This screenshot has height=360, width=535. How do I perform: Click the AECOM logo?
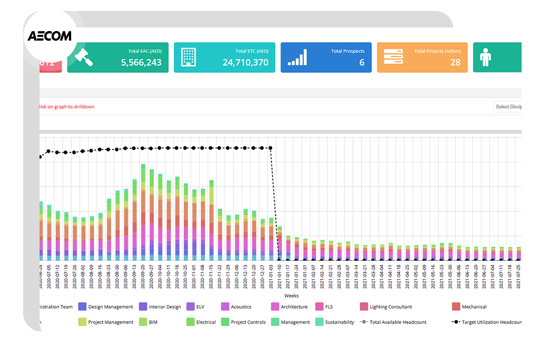coord(49,36)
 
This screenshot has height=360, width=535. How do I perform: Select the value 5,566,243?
coord(141,62)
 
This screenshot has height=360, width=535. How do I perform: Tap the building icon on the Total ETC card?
coord(188,57)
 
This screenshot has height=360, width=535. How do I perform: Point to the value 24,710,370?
coord(245,62)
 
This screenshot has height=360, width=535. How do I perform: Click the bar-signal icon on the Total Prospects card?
coord(297,57)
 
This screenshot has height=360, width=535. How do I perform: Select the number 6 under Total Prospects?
coord(362,62)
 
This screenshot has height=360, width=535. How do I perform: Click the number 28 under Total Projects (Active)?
coord(455,62)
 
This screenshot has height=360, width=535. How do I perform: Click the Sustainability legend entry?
coord(335,322)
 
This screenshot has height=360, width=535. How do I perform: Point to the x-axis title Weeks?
coord(291,296)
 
